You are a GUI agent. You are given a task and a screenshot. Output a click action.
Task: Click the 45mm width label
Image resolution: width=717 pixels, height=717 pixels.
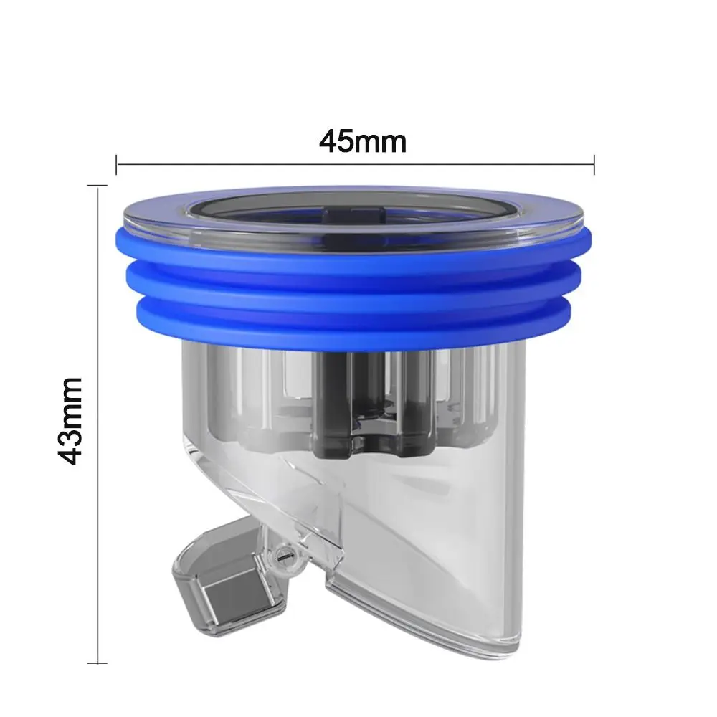(x=363, y=141)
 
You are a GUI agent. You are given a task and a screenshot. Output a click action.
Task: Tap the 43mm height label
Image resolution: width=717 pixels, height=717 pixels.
(x=72, y=421)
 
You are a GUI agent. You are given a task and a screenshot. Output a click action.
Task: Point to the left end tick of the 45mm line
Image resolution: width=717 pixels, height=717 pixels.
(x=117, y=164)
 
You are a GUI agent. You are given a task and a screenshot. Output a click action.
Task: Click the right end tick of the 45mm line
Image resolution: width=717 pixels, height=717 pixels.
(x=594, y=164)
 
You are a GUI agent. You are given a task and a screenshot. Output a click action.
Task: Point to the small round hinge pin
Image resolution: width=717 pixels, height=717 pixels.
(x=281, y=556)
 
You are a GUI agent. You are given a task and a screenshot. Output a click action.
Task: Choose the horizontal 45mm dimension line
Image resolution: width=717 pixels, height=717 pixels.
(x=287, y=164)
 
